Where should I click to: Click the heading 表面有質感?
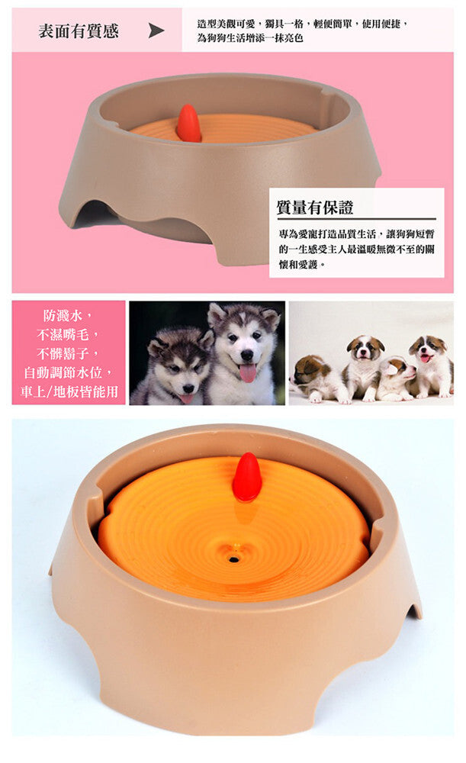click(79, 31)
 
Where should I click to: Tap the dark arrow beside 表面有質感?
click(156, 31)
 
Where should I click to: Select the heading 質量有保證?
click(315, 208)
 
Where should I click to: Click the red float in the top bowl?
click(188, 123)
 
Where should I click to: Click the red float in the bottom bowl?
click(247, 478)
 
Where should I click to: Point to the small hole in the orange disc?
click(234, 559)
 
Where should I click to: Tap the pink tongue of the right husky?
click(248, 373)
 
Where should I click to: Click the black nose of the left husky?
click(188, 388)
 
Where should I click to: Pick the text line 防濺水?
click(68, 316)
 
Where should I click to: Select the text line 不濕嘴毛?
click(68, 335)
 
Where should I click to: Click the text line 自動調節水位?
click(68, 373)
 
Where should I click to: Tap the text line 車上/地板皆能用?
click(69, 391)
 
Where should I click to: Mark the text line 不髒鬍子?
click(68, 354)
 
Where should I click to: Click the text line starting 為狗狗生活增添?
click(250, 38)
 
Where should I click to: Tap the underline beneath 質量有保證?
click(356, 219)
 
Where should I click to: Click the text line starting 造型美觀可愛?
click(303, 24)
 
